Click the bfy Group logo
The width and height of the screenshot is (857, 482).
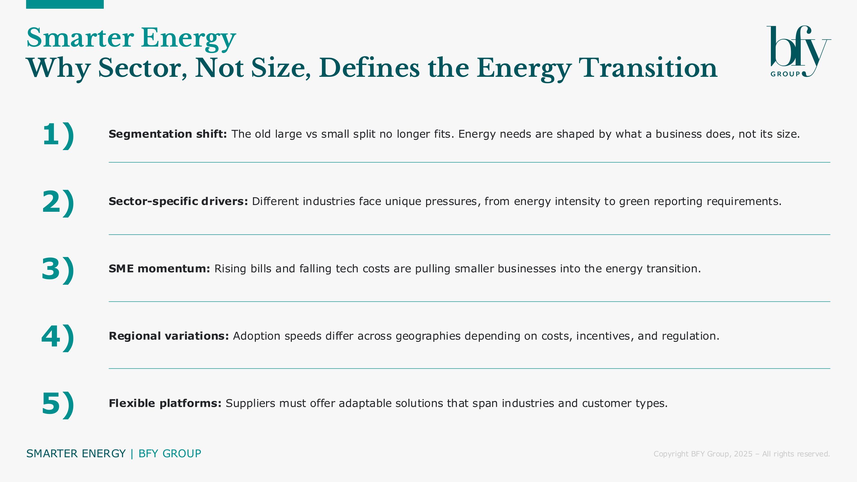click(x=799, y=51)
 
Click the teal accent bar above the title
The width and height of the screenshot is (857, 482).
click(x=65, y=4)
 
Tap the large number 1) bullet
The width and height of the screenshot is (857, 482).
click(x=58, y=135)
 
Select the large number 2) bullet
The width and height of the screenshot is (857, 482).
click(x=58, y=202)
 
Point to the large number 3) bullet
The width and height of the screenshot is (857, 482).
click(x=58, y=270)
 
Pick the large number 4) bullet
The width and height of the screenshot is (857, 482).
click(x=58, y=337)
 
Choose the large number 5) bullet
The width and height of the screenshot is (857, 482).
click(x=58, y=404)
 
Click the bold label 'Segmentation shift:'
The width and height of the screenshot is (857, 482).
click(x=168, y=134)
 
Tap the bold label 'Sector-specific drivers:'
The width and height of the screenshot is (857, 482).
click(x=178, y=201)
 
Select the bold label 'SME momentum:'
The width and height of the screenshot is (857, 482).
click(x=159, y=268)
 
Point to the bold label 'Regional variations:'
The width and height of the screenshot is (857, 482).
click(x=169, y=336)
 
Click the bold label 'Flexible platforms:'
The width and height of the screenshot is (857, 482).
click(x=165, y=403)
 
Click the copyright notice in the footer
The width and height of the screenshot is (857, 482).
click(x=742, y=454)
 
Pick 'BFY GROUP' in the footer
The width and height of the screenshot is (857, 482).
click(x=170, y=454)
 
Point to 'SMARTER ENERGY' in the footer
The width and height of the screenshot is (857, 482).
click(x=76, y=454)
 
